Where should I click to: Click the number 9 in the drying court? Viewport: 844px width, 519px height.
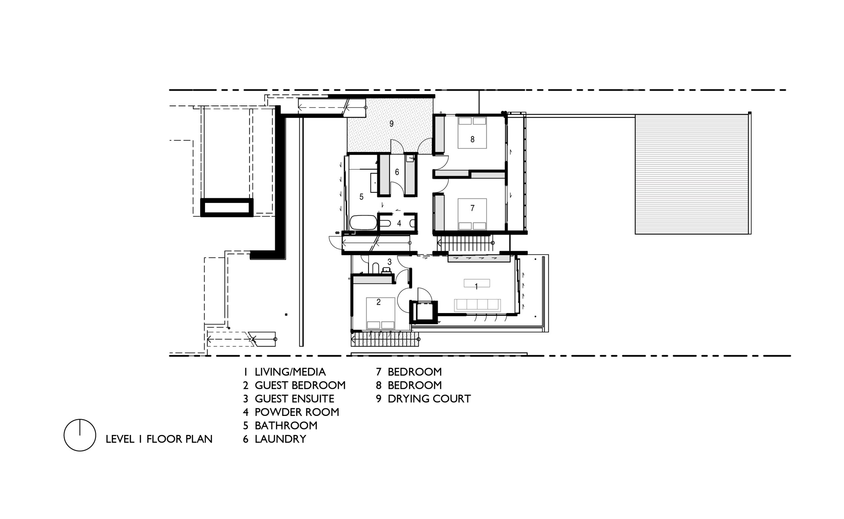point(391,124)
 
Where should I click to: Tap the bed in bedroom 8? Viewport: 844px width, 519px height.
point(472,132)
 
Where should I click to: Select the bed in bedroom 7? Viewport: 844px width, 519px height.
point(472,214)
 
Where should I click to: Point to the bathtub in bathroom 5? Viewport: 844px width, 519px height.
point(363,222)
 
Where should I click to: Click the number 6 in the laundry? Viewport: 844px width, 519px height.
point(397,172)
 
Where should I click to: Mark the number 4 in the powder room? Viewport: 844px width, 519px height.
point(399,223)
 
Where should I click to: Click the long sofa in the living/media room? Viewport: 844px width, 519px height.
point(477,305)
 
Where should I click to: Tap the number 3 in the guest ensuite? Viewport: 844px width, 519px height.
point(389,262)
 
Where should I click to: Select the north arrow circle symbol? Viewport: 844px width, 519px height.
point(80,435)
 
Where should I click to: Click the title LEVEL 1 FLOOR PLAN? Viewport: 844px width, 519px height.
point(159,439)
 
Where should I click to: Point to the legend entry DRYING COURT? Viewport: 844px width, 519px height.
point(429,398)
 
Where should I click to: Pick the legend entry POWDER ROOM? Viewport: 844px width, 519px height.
point(297,412)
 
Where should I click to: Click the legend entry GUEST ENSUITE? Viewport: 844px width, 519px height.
point(294,398)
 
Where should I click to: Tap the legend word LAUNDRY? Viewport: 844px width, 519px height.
point(280,439)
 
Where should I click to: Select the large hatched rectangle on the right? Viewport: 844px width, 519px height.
point(693,174)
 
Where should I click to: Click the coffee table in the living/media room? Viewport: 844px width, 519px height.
point(477,283)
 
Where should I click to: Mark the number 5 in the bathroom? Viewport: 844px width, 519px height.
point(361,197)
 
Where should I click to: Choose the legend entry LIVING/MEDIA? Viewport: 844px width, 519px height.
point(290,372)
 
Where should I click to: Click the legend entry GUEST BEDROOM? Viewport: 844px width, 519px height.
point(300,385)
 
